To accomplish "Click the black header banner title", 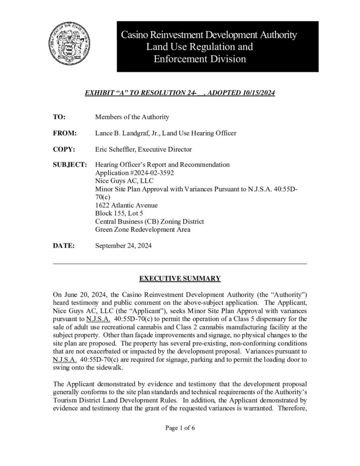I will tap(209, 47).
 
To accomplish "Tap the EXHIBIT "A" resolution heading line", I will tap(180, 93).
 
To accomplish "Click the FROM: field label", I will tap(64, 133).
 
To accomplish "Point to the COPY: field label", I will tap(64, 149).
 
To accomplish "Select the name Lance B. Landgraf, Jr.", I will tap(127, 133).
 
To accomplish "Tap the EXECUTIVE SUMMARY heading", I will tap(180, 278).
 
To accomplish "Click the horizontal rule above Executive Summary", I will tap(180, 264).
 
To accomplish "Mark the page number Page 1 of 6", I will tap(180, 428).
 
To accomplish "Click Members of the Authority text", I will tap(132, 117).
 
